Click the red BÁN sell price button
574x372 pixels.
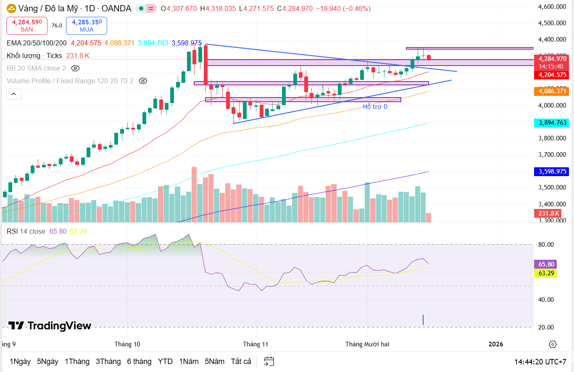pyautogui.click(x=27, y=26)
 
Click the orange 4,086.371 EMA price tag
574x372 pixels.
pyautogui.click(x=550, y=91)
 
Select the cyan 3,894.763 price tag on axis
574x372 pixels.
pyautogui.click(x=550, y=123)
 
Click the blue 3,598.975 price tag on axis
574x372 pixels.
pyautogui.click(x=550, y=171)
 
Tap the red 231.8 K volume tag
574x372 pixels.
pyautogui.click(x=549, y=214)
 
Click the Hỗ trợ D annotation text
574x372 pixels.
pyautogui.click(x=375, y=107)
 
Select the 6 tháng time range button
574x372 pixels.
pyautogui.click(x=139, y=361)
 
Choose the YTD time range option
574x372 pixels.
pyautogui.click(x=165, y=361)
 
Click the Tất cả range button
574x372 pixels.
pyautogui.click(x=241, y=361)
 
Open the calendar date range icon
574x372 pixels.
pyautogui.click(x=269, y=361)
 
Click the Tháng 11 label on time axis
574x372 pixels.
pyautogui.click(x=255, y=344)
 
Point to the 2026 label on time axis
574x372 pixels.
pyautogui.click(x=496, y=344)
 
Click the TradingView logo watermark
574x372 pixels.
pyautogui.click(x=50, y=326)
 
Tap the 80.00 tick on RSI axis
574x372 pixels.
pyautogui.click(x=547, y=245)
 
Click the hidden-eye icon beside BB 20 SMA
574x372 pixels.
pyautogui.click(x=75, y=68)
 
